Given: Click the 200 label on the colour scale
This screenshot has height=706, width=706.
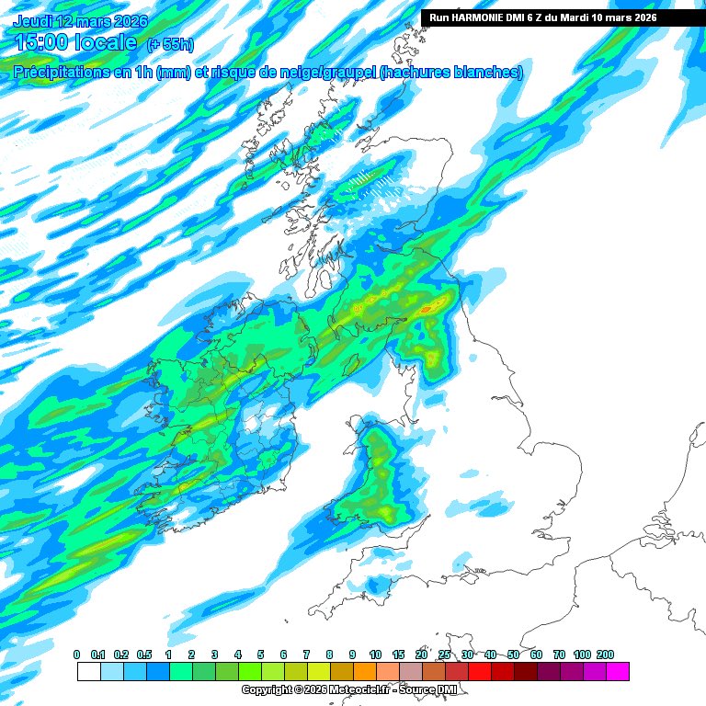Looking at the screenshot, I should pos(605,654).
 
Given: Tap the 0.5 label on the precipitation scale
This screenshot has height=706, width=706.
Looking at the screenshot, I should pos(145,654).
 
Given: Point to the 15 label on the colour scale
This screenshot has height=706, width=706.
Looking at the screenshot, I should pos(398,654).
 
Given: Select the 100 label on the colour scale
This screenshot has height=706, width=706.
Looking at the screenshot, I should pos(582,654).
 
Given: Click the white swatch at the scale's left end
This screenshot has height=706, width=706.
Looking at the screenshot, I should pos(88,671).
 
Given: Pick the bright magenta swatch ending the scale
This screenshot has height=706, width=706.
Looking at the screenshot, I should pos(618,671).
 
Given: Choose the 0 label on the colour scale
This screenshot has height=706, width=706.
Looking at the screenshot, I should pos(76,654).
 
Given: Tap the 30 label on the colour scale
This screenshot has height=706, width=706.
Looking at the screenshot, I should pos(467,654).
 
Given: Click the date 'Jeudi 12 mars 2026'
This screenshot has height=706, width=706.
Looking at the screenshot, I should pos(80,20).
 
